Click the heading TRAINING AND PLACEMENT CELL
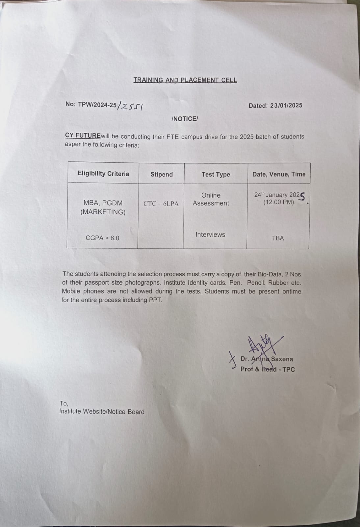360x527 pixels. (x=185, y=80)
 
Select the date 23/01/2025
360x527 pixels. (x=286, y=106)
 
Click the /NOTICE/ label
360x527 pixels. (x=185, y=119)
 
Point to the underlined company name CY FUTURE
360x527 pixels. (x=83, y=136)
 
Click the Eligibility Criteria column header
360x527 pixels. (x=103, y=174)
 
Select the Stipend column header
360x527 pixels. (x=161, y=175)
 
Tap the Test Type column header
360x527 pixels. (x=216, y=175)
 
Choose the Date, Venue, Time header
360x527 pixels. (x=279, y=174)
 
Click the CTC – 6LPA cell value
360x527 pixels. (x=161, y=204)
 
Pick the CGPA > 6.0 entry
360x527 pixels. (x=102, y=238)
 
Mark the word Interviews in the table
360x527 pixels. (x=210, y=235)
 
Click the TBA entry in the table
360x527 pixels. (x=278, y=238)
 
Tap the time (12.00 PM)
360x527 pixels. (x=278, y=202)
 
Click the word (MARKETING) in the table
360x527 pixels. (x=103, y=212)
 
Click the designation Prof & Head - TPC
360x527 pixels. (x=268, y=369)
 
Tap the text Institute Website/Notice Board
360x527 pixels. (x=102, y=412)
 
